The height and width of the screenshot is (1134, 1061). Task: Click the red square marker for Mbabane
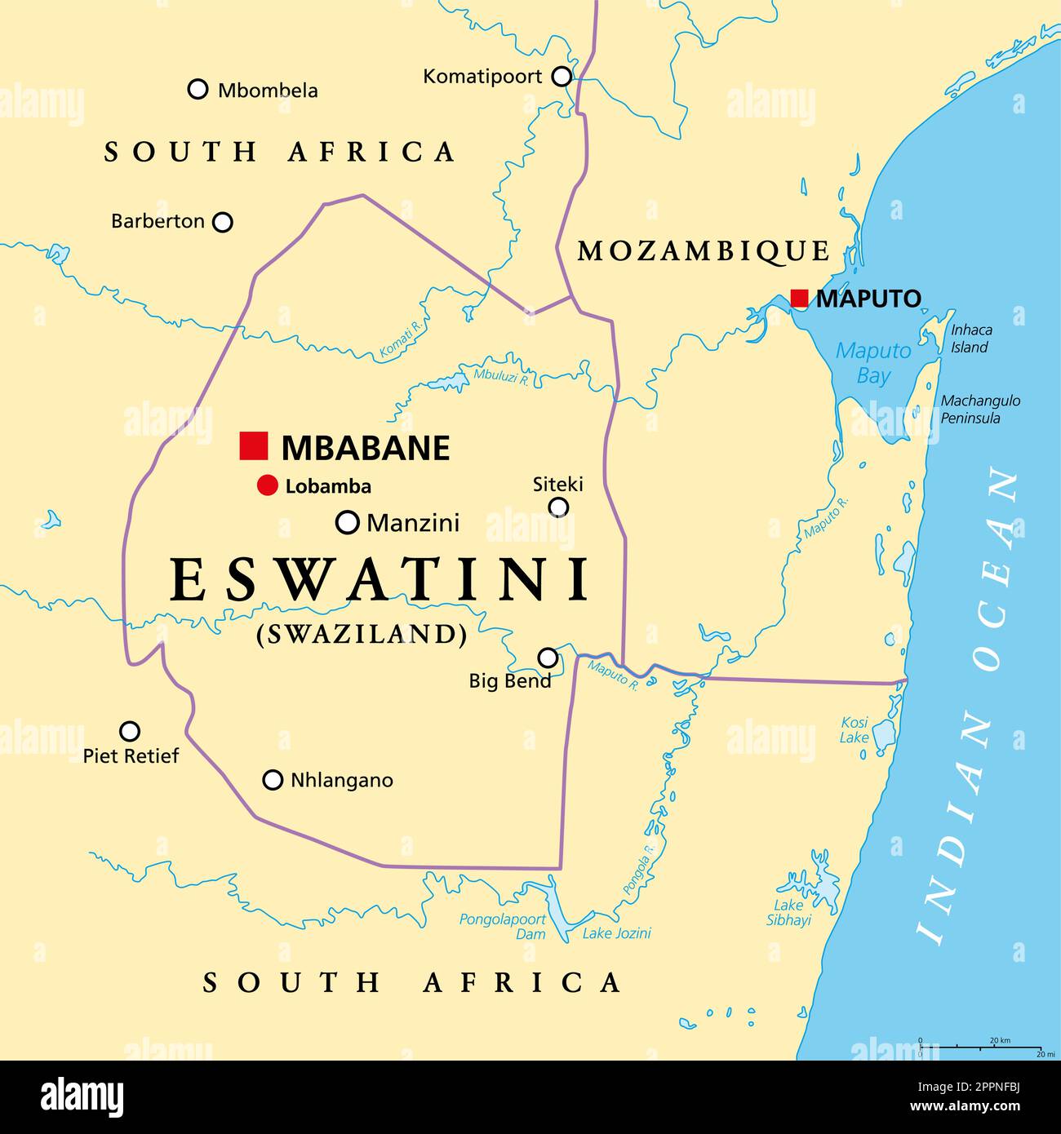click(x=254, y=446)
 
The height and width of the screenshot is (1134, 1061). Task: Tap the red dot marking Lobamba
click(x=267, y=485)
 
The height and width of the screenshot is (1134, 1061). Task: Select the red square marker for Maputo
click(x=799, y=298)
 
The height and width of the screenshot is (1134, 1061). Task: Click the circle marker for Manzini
click(x=348, y=522)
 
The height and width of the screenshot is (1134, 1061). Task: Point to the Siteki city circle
click(x=558, y=507)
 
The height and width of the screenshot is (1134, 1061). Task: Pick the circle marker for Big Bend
click(x=548, y=658)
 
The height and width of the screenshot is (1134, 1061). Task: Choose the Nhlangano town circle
click(x=273, y=780)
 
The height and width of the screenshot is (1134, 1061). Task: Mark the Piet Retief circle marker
click(x=130, y=731)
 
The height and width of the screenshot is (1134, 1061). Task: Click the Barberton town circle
click(x=222, y=222)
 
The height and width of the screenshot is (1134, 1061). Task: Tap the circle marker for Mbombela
click(x=198, y=89)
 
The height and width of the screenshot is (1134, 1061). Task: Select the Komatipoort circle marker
click(x=562, y=77)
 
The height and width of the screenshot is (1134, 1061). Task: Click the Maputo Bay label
click(x=873, y=363)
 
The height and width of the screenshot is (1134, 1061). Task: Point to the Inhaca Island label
click(x=971, y=339)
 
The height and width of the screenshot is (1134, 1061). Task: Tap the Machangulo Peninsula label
click(x=980, y=410)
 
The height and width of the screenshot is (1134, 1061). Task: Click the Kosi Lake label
click(x=855, y=730)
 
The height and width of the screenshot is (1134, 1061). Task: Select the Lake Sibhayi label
click(x=788, y=912)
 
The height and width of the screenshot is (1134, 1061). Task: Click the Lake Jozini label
click(x=616, y=933)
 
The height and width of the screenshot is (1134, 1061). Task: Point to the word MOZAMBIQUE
click(x=704, y=250)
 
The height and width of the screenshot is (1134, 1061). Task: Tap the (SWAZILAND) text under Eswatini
click(x=362, y=634)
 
